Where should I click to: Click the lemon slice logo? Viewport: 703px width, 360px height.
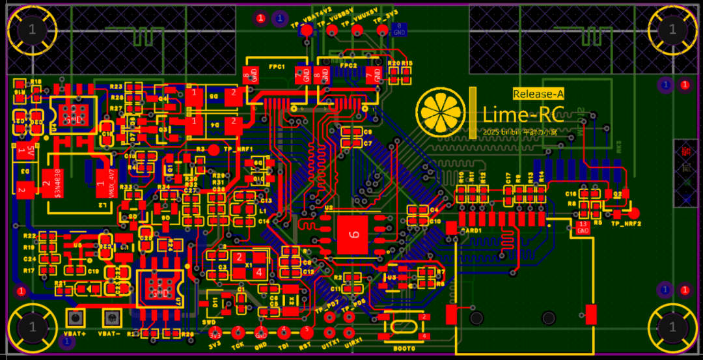441,111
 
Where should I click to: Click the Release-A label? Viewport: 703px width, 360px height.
538,94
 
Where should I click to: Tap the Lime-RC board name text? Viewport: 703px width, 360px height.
523,115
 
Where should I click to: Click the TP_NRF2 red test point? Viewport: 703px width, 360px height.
633,213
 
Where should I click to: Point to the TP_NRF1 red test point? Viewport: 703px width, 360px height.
214,149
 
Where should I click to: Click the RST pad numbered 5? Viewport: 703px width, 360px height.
306,330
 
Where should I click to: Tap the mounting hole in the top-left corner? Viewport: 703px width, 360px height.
31,29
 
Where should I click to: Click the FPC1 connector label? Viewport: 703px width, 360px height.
277,66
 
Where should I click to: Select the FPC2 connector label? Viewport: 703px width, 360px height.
348,66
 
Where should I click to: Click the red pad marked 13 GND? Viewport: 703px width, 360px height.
583,227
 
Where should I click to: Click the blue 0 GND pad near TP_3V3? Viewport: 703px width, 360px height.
400,29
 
